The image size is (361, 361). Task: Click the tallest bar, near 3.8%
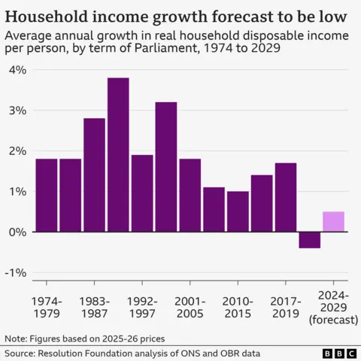[118, 155]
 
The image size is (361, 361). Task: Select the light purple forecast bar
[333, 222]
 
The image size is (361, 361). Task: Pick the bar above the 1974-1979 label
[47, 196]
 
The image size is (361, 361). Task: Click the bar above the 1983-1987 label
[94, 175]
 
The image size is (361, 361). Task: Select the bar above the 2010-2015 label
[238, 212]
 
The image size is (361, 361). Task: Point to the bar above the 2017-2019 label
[285, 198]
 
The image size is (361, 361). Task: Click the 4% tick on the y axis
[17, 70]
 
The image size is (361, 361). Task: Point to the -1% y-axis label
[16, 273]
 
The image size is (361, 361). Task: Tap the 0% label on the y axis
[17, 232]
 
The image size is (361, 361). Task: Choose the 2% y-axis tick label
[17, 151]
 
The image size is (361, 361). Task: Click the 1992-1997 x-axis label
[142, 308]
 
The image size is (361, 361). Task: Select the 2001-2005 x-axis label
[190, 308]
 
